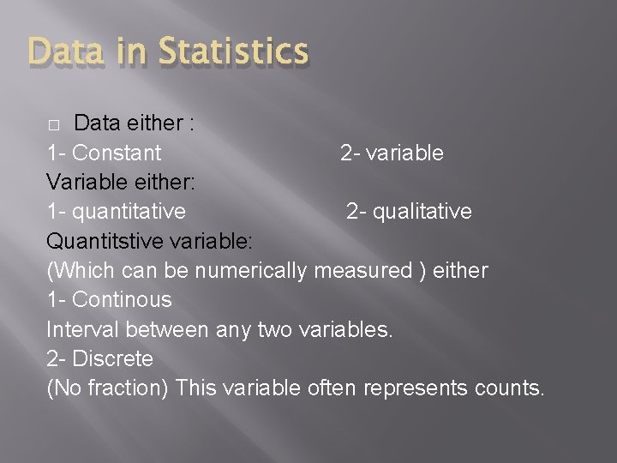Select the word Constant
click(x=117, y=153)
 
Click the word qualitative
click(x=421, y=212)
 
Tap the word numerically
click(x=251, y=271)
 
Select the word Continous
click(x=122, y=300)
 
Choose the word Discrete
click(x=113, y=358)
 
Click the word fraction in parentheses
click(x=123, y=388)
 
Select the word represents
click(x=415, y=388)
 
